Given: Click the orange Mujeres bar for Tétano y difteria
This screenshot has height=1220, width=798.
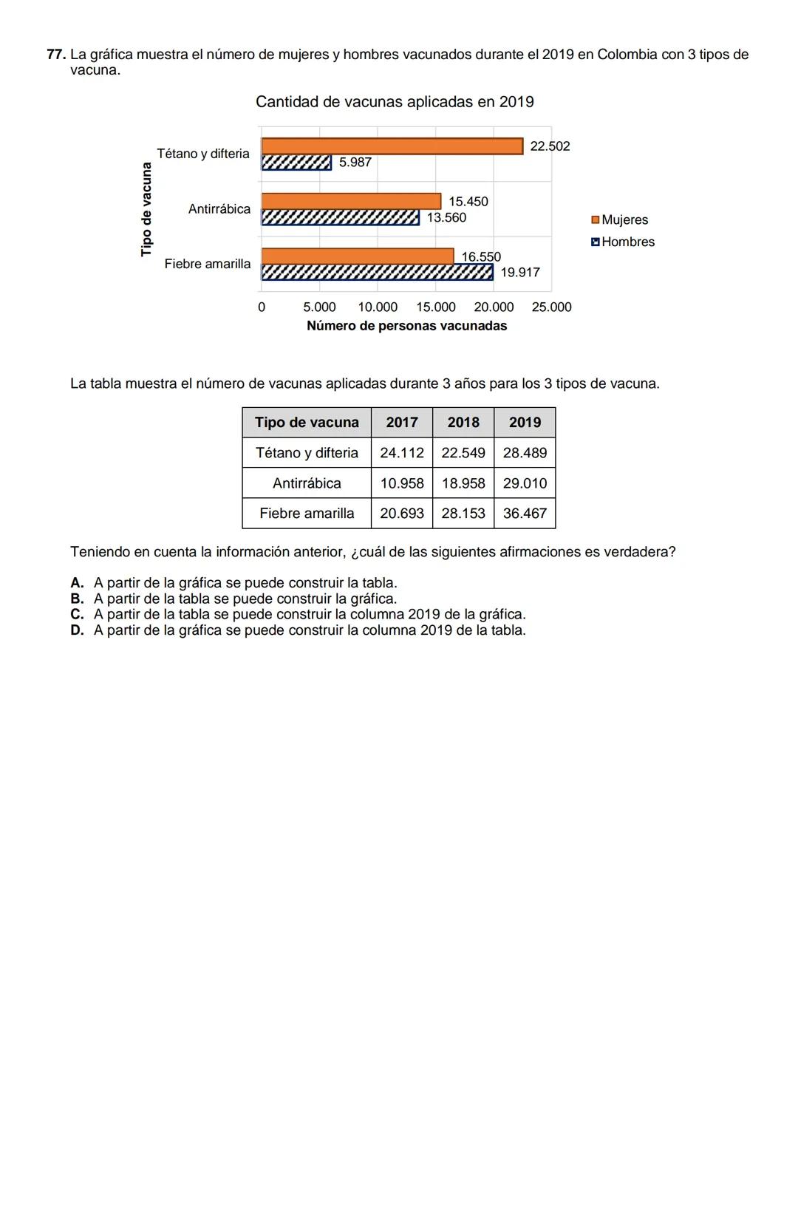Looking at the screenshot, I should click(x=392, y=146).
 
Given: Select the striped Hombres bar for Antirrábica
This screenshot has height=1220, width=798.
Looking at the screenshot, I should click(x=340, y=217).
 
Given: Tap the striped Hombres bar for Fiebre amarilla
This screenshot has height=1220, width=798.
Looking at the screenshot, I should click(x=377, y=273).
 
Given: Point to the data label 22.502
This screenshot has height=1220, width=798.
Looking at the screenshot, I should click(x=550, y=146).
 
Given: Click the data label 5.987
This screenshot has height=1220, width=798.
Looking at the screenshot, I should click(x=355, y=163).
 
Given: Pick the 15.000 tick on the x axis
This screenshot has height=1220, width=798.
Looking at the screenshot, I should click(x=436, y=307).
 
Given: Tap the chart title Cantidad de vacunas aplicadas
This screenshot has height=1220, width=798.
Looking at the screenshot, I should click(x=395, y=102).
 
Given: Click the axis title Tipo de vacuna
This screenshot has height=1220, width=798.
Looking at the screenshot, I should click(x=146, y=209).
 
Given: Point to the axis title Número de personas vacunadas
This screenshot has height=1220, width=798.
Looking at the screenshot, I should click(x=406, y=326).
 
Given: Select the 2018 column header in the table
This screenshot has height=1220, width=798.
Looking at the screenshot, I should click(x=463, y=423).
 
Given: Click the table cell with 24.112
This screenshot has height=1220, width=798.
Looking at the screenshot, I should click(x=402, y=453).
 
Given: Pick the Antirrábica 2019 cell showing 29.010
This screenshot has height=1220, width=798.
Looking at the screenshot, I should click(x=525, y=483).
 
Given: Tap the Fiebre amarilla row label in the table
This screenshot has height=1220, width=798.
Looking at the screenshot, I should click(x=307, y=514).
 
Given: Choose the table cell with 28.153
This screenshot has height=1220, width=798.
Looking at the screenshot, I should click(x=463, y=514).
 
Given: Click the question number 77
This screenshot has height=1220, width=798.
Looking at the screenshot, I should click(x=56, y=55).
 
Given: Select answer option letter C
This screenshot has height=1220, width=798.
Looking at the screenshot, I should click(x=77, y=615).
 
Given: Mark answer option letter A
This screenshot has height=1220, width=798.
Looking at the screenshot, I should click(x=77, y=583).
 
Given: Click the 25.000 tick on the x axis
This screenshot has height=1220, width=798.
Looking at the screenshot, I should click(x=551, y=307).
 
